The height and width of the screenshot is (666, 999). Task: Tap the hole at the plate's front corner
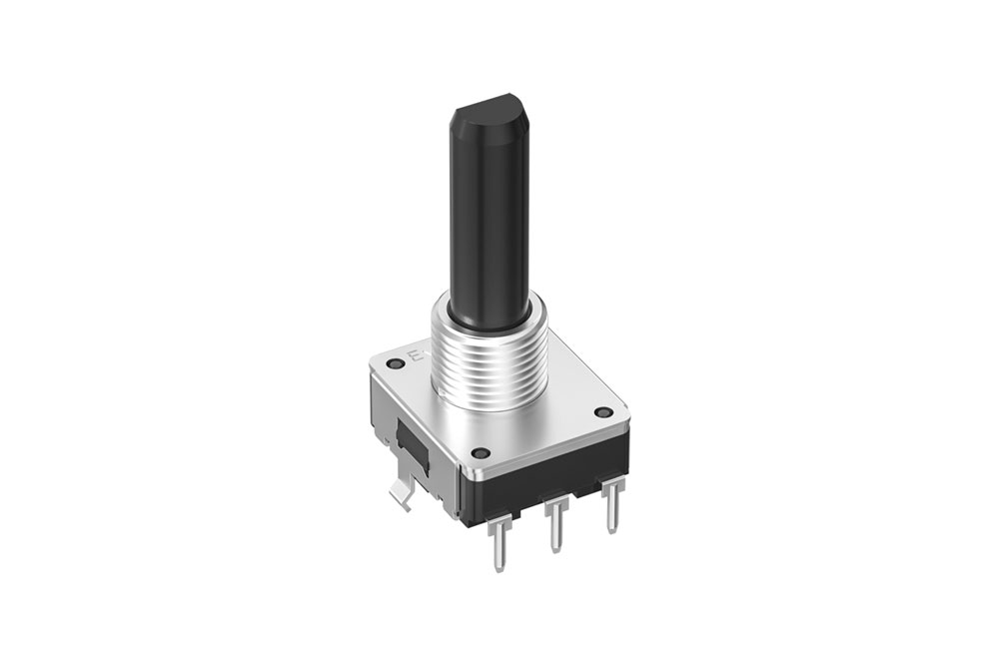tap(478, 450)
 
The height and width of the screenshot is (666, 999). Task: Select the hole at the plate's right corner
tap(601, 411)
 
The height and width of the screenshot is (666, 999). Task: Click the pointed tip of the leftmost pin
tap(497, 569)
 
